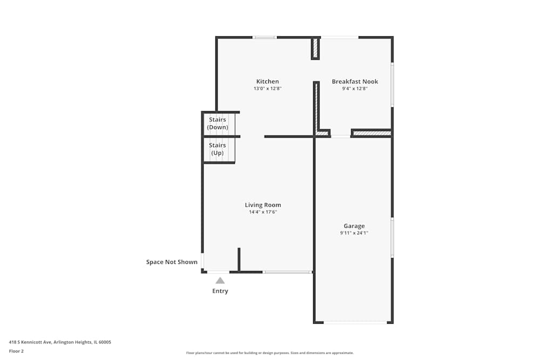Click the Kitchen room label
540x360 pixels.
point(268,81)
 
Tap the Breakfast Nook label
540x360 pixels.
point(355,81)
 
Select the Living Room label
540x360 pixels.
point(263,205)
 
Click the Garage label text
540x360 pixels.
point(354,226)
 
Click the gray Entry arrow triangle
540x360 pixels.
point(220,281)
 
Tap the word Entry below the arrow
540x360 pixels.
point(220,291)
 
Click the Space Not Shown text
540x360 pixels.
point(172,262)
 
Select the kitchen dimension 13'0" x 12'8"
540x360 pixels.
point(268,89)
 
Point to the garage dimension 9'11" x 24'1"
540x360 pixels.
point(354,233)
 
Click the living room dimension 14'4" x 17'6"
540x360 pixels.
point(263,212)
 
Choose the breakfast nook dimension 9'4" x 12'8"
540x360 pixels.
point(355,89)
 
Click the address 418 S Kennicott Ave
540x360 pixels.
point(30,342)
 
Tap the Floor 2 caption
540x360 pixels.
point(16,351)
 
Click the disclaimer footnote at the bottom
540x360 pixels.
point(269,353)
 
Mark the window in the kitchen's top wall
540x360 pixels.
point(265,37)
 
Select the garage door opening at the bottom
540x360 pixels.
point(355,322)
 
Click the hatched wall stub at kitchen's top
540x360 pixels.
point(315,49)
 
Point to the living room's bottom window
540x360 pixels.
point(287,272)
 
